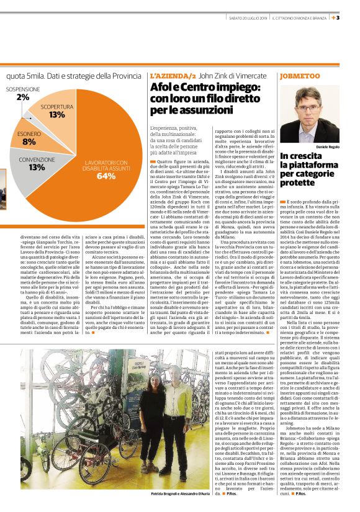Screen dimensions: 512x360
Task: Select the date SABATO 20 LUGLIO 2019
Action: [x=247, y=17]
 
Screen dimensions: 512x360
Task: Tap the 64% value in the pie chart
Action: [x=106, y=176]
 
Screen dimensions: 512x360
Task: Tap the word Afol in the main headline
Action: [x=163, y=88]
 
